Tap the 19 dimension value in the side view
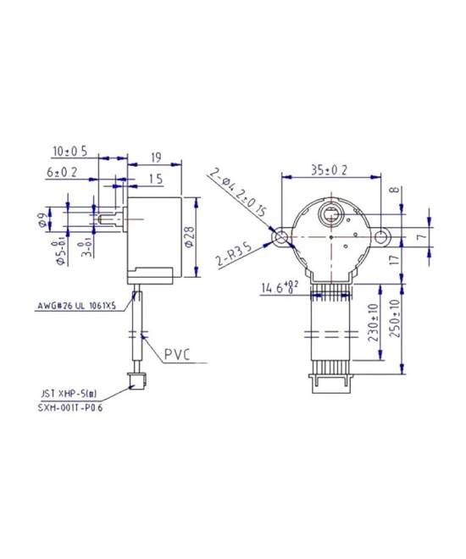156,158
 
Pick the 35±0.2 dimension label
330,169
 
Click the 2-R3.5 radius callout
232,257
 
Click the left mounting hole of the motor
280,239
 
